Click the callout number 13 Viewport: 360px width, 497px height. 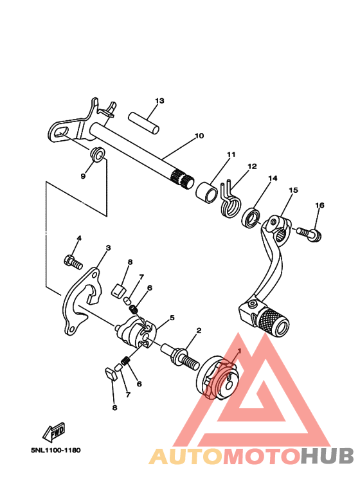click(x=159, y=101)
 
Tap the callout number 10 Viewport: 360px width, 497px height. click(x=199, y=136)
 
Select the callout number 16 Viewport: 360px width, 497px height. click(x=319, y=205)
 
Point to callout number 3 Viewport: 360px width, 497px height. click(x=108, y=248)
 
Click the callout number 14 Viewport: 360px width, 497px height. click(x=273, y=178)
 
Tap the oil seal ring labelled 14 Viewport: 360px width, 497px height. click(x=251, y=217)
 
